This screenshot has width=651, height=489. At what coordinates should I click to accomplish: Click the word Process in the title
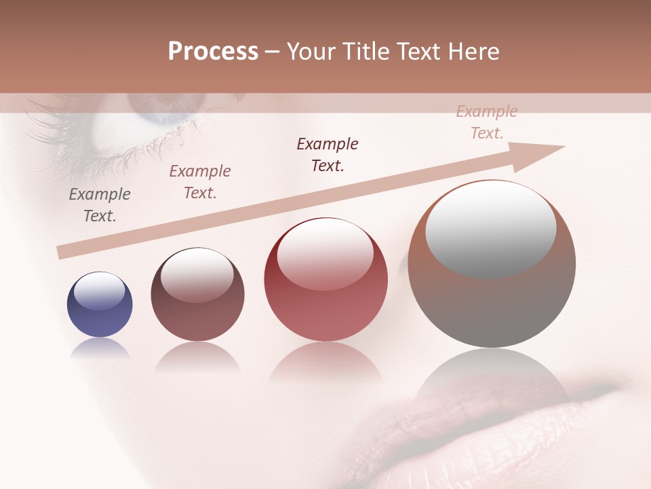click(213, 52)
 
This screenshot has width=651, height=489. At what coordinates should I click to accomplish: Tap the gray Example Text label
click(100, 205)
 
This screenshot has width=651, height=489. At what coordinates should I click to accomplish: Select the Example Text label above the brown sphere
click(199, 182)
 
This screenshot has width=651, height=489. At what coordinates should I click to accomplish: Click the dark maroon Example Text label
click(328, 155)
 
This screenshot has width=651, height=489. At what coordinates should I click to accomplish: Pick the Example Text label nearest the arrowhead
click(486, 122)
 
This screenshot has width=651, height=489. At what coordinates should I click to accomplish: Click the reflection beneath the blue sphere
click(100, 348)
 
